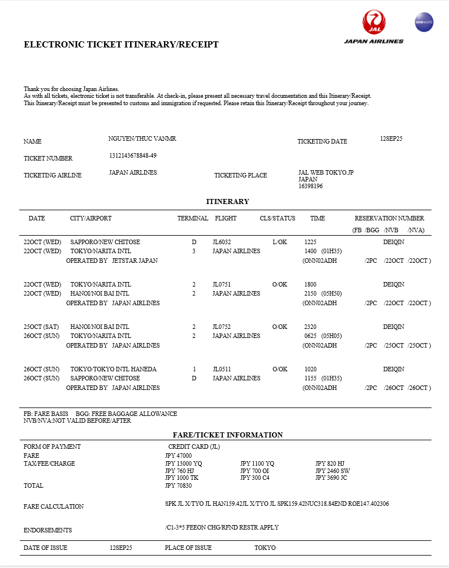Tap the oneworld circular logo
click(424, 22)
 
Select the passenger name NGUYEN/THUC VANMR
click(142, 139)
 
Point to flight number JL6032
click(222, 242)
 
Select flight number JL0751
click(222, 284)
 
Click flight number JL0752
click(222, 327)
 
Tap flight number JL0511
click(222, 369)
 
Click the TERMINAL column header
click(193, 218)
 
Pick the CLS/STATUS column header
click(278, 218)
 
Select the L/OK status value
click(280, 242)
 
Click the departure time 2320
click(310, 327)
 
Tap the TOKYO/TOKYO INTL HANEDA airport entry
click(113, 369)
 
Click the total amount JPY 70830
click(179, 485)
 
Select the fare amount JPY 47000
click(179, 456)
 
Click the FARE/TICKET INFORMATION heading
click(227, 435)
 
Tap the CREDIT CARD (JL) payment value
click(194, 446)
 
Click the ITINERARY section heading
click(227, 202)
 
